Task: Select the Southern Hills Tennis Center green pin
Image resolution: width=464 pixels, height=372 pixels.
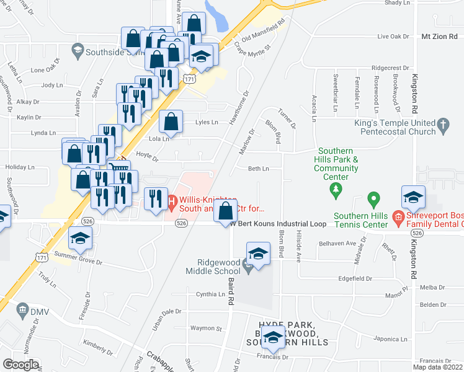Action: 373,200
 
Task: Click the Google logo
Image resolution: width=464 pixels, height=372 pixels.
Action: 20,365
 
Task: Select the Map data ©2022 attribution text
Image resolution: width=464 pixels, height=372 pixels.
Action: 437,367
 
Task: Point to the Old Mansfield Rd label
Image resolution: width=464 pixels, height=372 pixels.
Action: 263,30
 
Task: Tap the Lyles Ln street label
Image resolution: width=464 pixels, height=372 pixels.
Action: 207,122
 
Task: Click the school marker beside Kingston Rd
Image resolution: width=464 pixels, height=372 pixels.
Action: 413,198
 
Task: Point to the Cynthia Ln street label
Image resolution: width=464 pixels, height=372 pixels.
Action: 209,294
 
